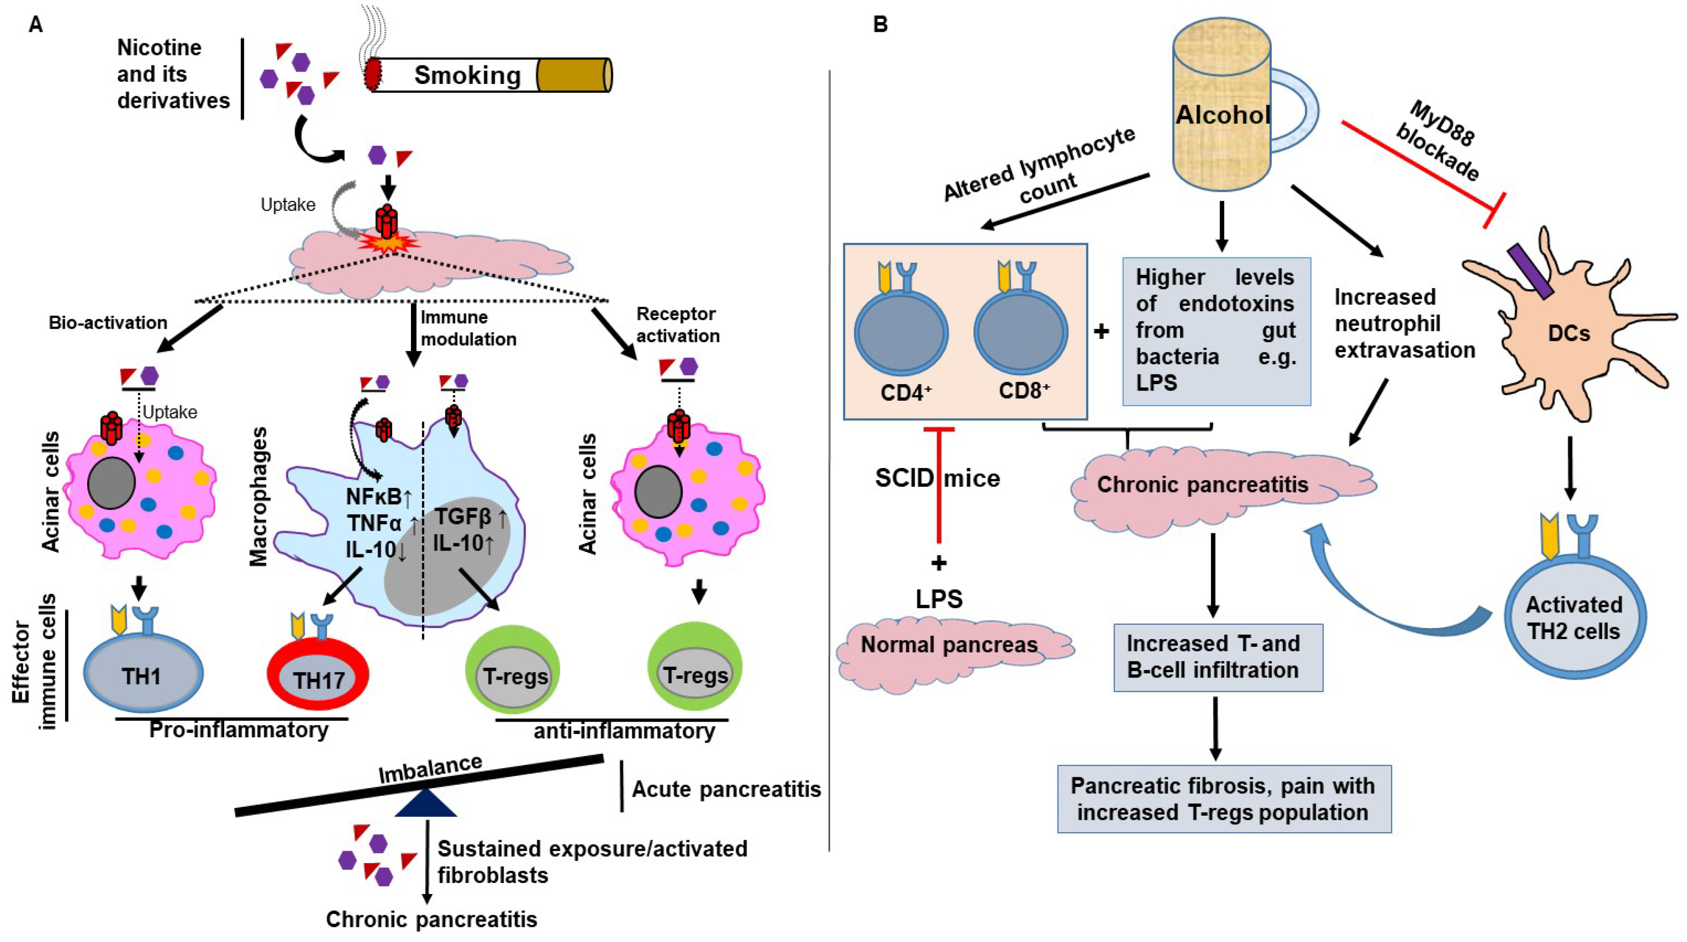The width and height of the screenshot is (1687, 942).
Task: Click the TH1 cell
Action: [x=143, y=674]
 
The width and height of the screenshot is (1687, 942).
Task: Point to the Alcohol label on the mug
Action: [x=1222, y=115]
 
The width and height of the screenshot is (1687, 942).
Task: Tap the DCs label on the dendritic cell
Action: [x=1568, y=333]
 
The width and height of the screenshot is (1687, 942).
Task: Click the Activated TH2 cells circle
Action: [x=1574, y=617]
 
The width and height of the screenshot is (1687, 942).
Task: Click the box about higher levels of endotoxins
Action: [x=1216, y=331]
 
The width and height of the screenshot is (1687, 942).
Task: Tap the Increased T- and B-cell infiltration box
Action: [x=1217, y=657]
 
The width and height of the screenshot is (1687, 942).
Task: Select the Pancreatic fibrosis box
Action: [x=1223, y=799]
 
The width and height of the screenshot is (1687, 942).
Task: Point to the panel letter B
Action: [x=880, y=24]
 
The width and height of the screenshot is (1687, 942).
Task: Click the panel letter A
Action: [x=36, y=24]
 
